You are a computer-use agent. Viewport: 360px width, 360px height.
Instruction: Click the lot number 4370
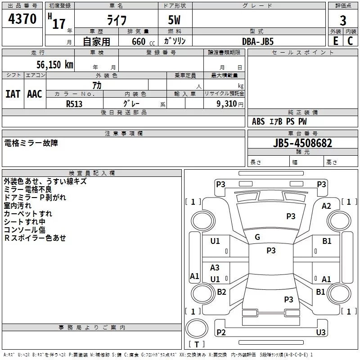tap(22, 18)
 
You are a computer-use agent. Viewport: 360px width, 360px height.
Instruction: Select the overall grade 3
tap(343, 20)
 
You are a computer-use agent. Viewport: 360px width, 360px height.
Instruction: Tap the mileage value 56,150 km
tap(55, 64)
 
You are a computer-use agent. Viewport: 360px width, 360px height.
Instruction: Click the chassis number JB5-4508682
tap(302, 143)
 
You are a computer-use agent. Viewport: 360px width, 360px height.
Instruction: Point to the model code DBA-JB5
tap(258, 41)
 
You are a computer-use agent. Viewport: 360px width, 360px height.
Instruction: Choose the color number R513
tap(74, 104)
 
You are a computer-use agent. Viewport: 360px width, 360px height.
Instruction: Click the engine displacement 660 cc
tap(143, 41)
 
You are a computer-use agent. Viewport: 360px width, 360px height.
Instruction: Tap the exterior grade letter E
tap(335, 41)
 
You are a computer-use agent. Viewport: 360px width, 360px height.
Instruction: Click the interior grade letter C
tap(350, 41)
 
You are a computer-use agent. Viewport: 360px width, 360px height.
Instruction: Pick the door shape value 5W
tap(174, 20)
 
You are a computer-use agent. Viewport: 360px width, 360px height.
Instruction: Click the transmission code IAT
tap(13, 94)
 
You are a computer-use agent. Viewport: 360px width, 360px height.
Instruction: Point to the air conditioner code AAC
tap(35, 94)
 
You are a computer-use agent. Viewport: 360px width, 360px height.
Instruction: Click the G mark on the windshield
tap(257, 237)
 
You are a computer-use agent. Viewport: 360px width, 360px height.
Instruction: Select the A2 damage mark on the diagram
tap(326, 206)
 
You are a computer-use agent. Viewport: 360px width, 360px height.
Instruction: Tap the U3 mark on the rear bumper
tap(321, 332)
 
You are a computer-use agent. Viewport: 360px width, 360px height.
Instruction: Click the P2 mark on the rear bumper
tap(221, 332)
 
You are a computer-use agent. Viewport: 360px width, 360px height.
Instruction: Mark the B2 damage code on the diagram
tap(221, 292)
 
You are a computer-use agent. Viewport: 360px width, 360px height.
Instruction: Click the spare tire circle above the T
tap(197, 328)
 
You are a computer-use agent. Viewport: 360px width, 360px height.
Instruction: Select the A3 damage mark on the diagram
tap(215, 267)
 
